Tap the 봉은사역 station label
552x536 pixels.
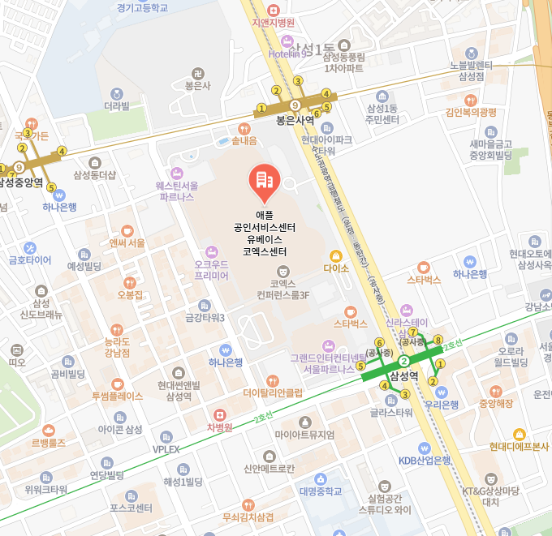pos(295,119)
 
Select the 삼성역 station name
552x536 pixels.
pos(403,376)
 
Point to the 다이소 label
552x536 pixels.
pos(335,266)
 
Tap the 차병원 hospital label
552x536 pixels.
pos(219,427)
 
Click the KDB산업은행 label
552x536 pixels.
pos(424,460)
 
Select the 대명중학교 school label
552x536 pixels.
pos(320,490)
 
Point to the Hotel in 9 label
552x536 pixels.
pos(287,54)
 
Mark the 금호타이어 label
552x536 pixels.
pos(29,260)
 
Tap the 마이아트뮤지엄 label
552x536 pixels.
pos(305,435)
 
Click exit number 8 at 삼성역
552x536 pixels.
pos(438,340)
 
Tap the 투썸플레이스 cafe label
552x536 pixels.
pos(118,396)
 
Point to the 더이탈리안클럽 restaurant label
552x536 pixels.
pos(273,392)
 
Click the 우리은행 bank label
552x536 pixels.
pos(442,404)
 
